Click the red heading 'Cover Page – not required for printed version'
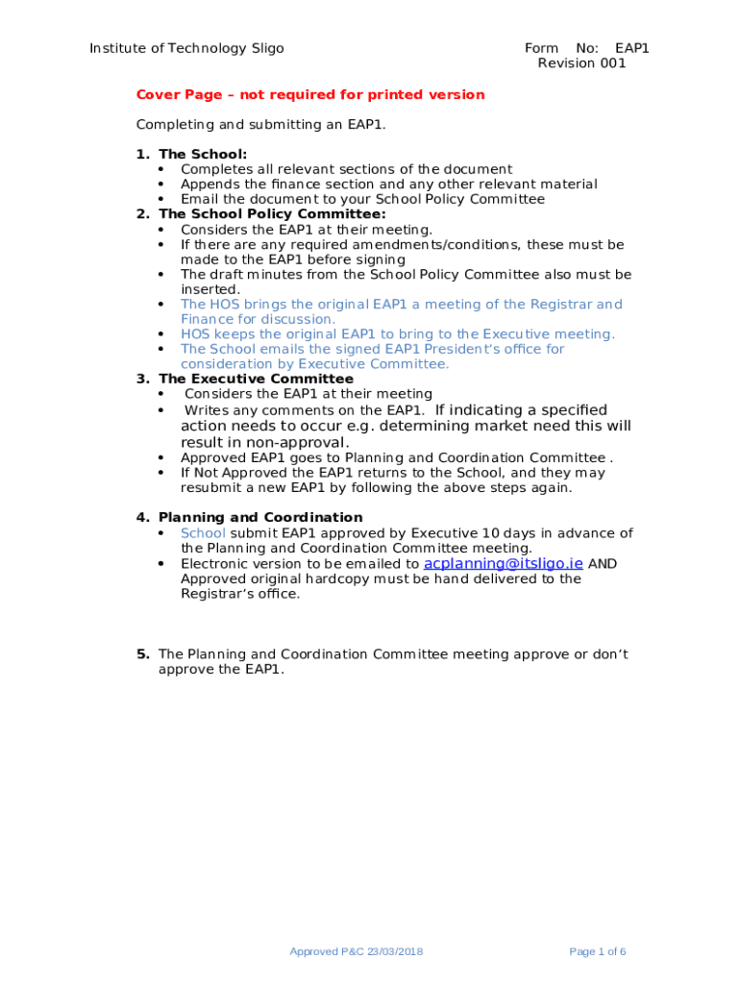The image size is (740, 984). click(310, 94)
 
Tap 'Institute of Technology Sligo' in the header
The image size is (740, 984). click(186, 48)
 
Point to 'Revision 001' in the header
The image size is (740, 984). click(581, 63)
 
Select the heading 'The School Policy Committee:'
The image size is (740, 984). click(272, 214)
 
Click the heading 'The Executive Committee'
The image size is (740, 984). click(256, 379)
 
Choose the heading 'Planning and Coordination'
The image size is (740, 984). click(260, 517)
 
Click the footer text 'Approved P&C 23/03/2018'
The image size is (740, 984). click(357, 951)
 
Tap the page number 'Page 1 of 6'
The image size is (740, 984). click(597, 951)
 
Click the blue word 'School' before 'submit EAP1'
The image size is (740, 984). click(203, 532)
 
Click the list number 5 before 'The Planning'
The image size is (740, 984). click(142, 654)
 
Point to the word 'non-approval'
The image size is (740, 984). click(299, 442)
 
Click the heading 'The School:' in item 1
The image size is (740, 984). click(203, 154)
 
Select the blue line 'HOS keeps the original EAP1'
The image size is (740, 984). click(397, 333)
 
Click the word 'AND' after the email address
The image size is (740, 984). click(603, 564)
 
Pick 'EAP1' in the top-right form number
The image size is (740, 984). click(632, 48)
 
